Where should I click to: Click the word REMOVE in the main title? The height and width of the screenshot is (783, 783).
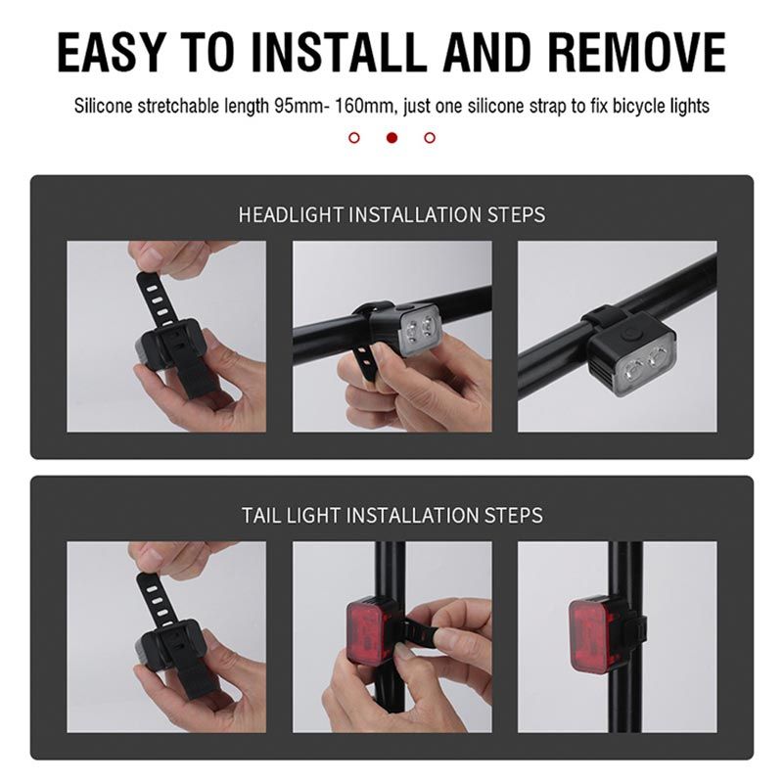point(637,52)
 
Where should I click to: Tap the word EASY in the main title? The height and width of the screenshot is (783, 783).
point(111,52)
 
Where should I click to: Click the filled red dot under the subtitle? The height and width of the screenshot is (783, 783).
point(392,137)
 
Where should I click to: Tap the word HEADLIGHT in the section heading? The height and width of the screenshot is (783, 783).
point(291,214)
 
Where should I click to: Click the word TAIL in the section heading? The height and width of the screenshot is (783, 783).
point(261,515)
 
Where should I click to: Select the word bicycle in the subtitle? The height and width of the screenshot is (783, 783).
point(639,107)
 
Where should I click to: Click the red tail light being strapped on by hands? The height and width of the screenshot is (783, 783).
point(367,633)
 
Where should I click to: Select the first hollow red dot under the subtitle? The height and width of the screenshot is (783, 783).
point(354,137)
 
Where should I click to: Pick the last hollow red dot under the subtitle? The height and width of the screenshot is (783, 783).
point(430,137)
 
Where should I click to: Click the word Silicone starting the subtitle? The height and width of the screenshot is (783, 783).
point(104,106)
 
